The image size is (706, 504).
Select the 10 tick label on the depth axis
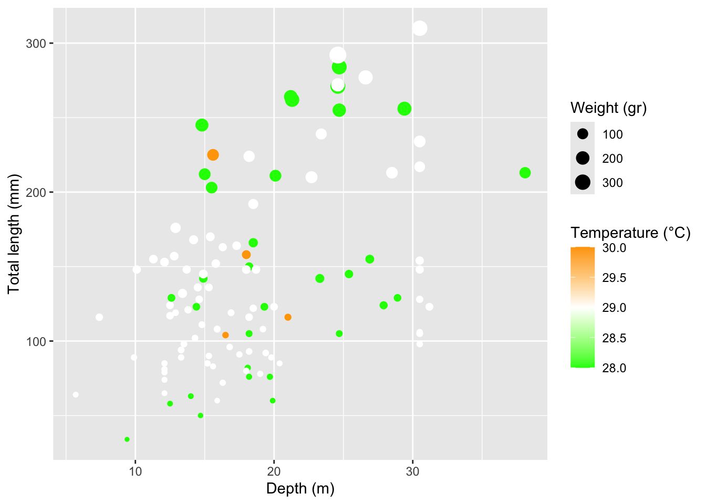(x=135, y=471)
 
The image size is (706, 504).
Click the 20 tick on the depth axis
(x=274, y=471)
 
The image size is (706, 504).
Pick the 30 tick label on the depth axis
(x=412, y=471)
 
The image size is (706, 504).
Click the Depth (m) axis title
(x=300, y=489)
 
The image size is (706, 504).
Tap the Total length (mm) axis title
(x=14, y=234)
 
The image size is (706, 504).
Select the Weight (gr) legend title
(x=608, y=108)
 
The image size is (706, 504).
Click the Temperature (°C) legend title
(x=630, y=233)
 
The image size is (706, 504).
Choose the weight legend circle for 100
(x=583, y=134)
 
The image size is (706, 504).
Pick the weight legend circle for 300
(x=583, y=182)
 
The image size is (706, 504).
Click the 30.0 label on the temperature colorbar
(x=614, y=248)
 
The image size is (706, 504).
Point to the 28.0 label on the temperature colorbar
(x=614, y=368)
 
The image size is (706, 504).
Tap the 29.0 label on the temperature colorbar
(x=614, y=308)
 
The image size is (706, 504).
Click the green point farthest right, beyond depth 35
(x=525, y=173)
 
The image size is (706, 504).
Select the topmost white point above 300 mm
(x=419, y=28)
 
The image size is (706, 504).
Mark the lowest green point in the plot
(x=127, y=439)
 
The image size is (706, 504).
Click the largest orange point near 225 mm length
(x=213, y=155)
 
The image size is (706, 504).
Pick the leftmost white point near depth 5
(x=76, y=395)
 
